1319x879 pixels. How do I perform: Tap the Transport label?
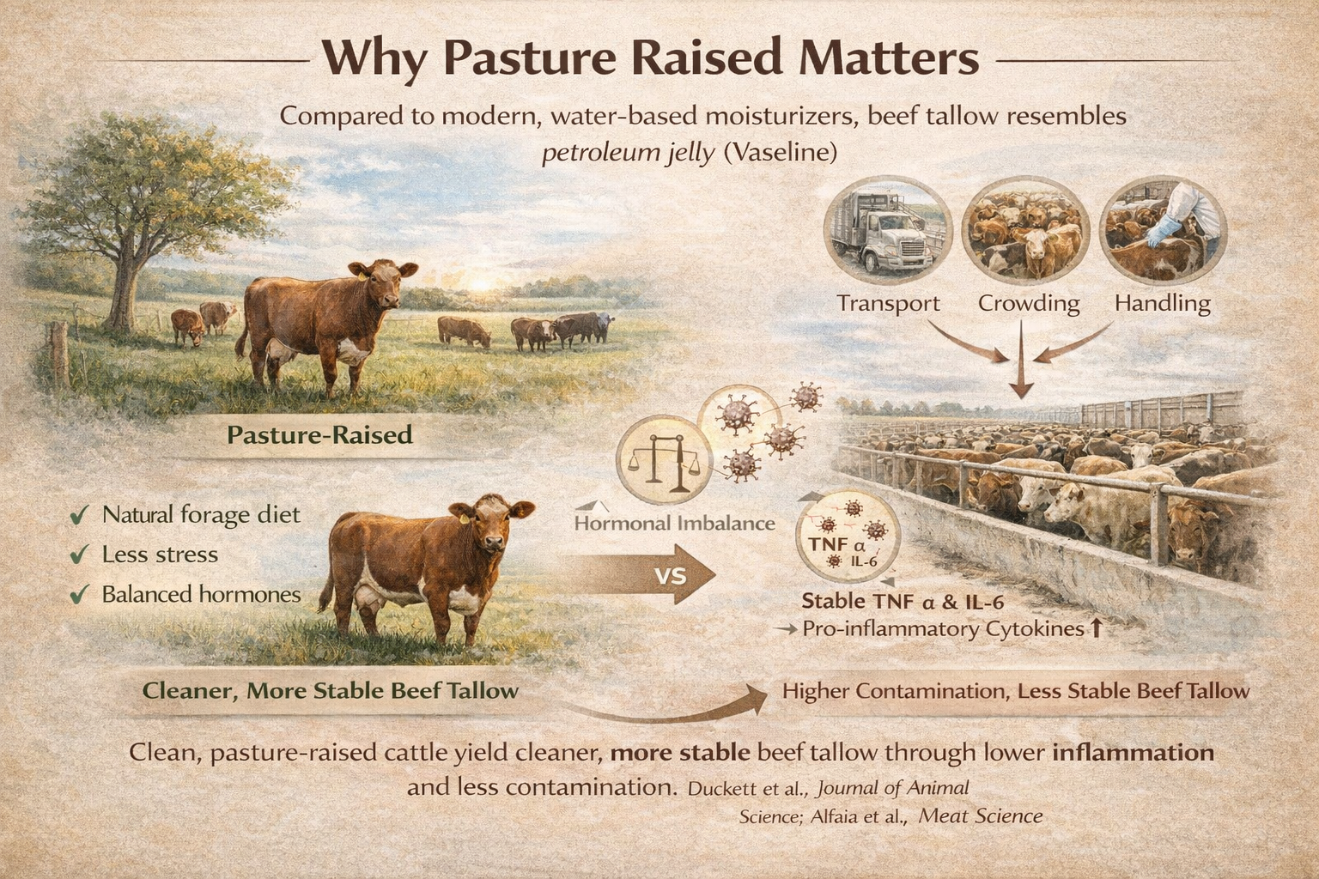[x=888, y=303]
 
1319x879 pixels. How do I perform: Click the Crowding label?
[x=1028, y=303]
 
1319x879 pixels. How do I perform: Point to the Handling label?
[x=1162, y=303]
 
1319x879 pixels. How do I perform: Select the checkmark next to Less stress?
[x=80, y=555]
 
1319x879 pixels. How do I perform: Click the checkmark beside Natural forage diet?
[x=80, y=516]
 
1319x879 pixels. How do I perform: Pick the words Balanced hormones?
[x=201, y=594]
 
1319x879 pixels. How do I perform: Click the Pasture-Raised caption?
[x=319, y=434]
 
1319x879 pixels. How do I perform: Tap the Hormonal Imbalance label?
[x=674, y=523]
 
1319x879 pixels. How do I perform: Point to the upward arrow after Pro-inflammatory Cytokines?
[x=1095, y=629]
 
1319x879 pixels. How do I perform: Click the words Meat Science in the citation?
[x=980, y=815]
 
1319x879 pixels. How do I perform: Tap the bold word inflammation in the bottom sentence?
[x=1133, y=753]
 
